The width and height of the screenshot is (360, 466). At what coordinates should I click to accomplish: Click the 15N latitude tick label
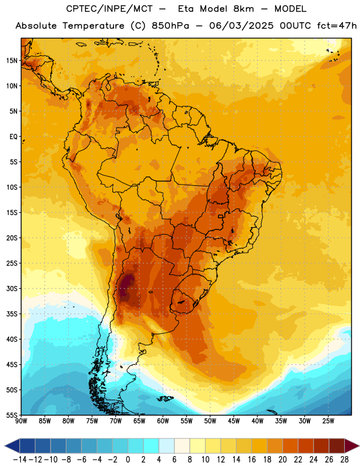point(12,61)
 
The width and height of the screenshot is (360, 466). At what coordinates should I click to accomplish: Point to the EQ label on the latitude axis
point(13,137)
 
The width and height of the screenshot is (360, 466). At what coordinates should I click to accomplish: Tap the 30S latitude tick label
point(12,288)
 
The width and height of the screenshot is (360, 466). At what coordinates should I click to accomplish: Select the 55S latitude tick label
point(12,415)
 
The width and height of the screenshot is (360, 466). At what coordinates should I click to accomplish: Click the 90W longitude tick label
point(22,421)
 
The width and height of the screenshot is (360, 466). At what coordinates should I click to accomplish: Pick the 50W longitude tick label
point(210,421)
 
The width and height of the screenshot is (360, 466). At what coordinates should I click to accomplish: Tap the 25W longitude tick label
point(328,421)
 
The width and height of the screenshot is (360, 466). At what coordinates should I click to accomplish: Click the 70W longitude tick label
point(116,421)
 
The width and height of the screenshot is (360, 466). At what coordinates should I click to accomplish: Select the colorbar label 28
point(344,460)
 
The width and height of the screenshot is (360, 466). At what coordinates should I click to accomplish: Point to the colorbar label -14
point(20,460)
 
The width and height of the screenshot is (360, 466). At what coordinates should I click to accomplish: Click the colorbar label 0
point(128,460)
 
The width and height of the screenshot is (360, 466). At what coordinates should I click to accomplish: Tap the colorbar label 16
point(252,460)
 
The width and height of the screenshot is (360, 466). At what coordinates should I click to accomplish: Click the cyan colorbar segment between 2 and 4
point(151,446)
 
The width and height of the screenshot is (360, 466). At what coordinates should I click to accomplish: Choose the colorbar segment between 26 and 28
point(337,446)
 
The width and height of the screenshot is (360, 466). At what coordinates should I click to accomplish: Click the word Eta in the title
point(185,9)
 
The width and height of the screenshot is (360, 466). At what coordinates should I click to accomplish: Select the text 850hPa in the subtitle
point(170,26)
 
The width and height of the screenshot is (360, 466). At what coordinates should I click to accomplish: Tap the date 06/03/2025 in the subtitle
point(241,26)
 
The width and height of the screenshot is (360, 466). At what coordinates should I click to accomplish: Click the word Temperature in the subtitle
point(93,26)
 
